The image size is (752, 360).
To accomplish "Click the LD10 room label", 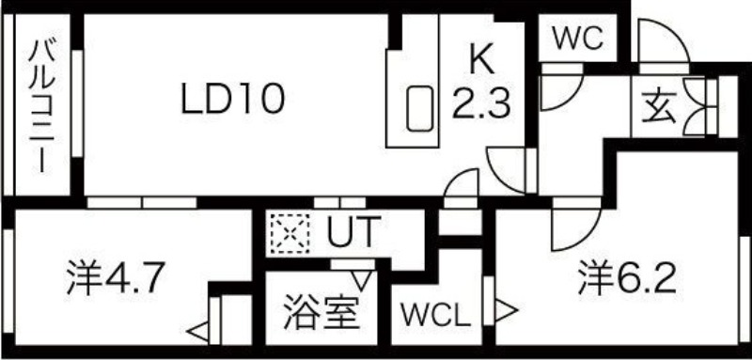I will (x=233, y=99).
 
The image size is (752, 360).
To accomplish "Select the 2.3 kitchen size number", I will (x=481, y=100).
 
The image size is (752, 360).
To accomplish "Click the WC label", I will (x=576, y=39).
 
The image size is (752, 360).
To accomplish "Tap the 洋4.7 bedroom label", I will (x=116, y=278).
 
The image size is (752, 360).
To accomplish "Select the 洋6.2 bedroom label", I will (x=627, y=278).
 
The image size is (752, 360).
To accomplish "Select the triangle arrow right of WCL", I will (x=506, y=308).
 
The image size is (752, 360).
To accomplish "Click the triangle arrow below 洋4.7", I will (x=197, y=330).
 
